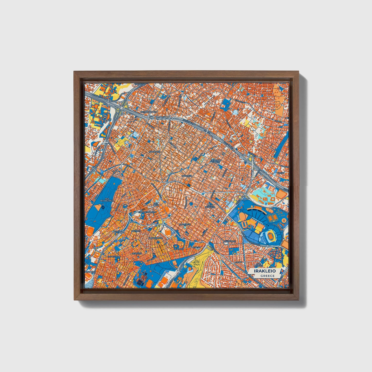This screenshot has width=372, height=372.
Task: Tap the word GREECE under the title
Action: (x=267, y=276)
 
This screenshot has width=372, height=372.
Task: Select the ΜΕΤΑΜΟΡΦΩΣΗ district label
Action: (x=149, y=112)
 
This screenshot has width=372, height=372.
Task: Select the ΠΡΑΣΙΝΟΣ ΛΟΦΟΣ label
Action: (x=216, y=161)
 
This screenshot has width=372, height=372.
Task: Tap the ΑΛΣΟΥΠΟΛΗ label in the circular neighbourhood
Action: (x=230, y=241)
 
